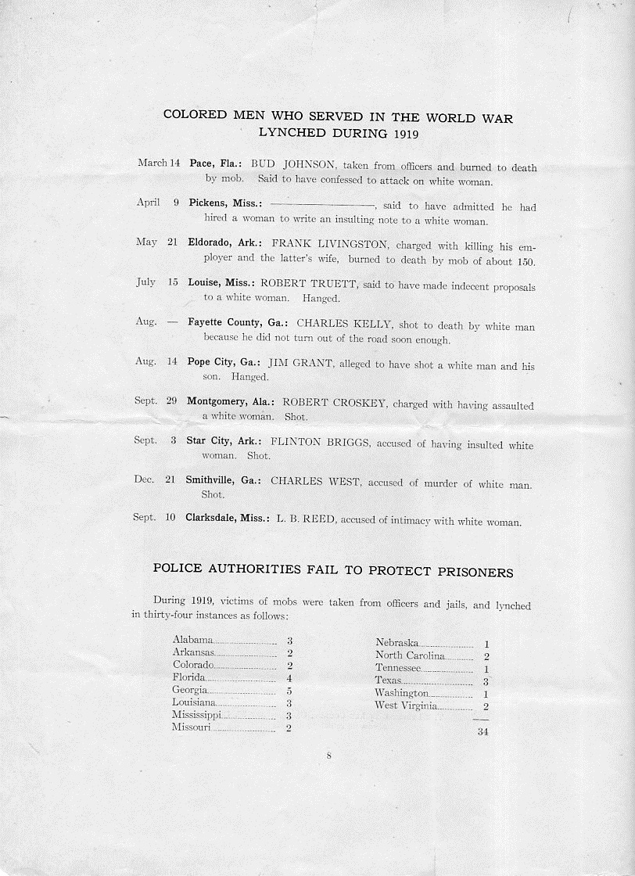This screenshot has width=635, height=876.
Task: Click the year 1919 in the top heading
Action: click(x=400, y=133)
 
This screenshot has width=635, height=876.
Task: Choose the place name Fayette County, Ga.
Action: click(x=238, y=322)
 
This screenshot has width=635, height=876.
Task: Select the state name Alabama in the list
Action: click(x=192, y=640)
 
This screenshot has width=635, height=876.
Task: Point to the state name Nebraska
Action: click(x=396, y=643)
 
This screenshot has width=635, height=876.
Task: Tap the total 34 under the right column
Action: click(x=483, y=732)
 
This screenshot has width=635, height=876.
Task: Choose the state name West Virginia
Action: click(x=406, y=705)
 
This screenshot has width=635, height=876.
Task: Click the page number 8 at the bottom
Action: click(x=329, y=756)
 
